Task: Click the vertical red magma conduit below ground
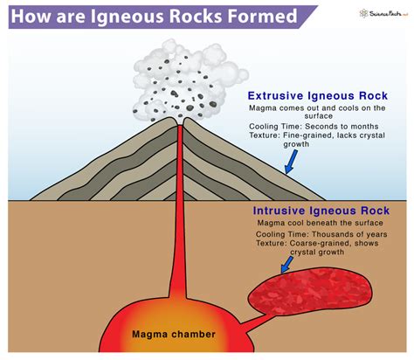[178, 236]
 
